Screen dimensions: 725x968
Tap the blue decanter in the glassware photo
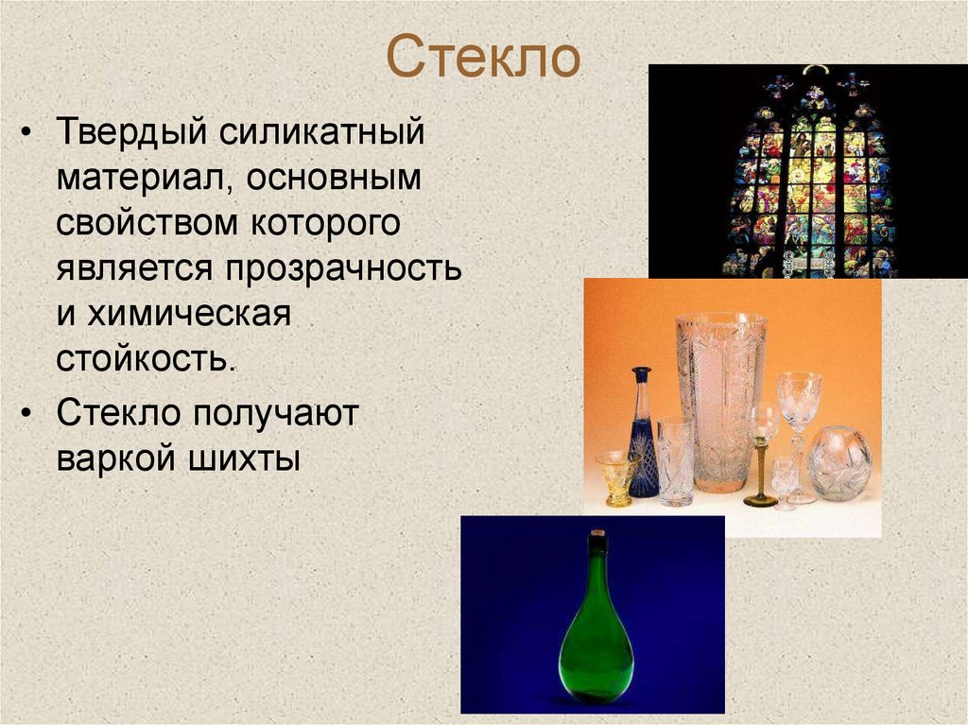pyautogui.click(x=644, y=440)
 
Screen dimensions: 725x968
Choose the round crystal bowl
pyautogui.click(x=839, y=463)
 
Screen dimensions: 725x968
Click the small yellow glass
pyautogui.click(x=617, y=476)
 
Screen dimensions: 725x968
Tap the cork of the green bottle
pyautogui.click(x=596, y=544)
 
